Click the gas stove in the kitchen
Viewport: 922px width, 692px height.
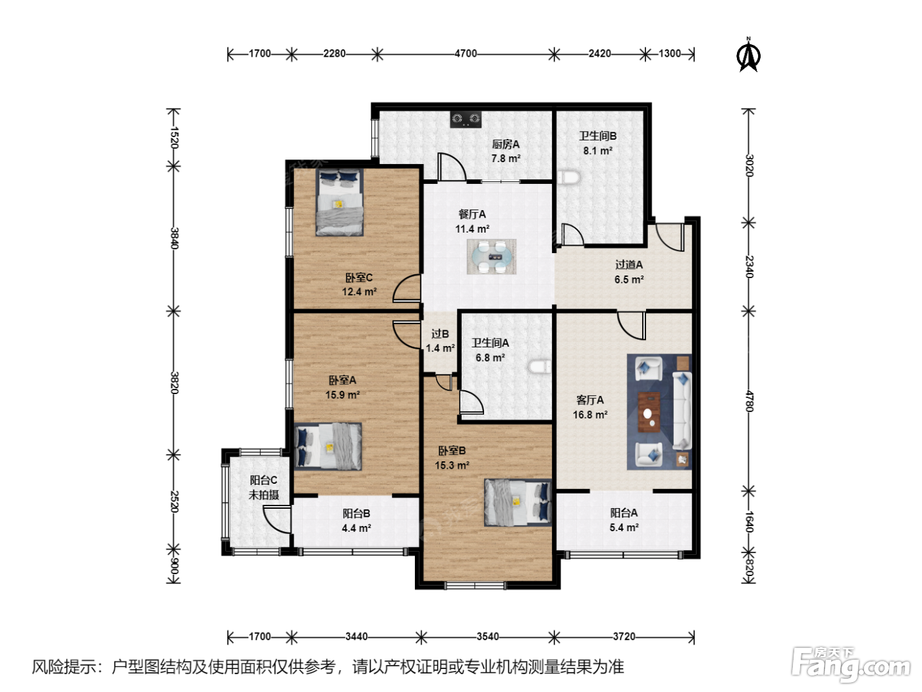pos(466,119)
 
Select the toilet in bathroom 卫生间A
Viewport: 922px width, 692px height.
pos(539,366)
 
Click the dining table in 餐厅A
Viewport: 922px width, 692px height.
pos(491,257)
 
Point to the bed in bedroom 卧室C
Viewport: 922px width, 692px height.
pos(340,202)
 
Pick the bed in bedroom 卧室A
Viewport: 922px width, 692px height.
pos(327,446)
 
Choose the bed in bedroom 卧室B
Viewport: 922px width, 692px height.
pos(518,502)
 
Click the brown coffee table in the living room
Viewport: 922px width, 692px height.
pos(649,412)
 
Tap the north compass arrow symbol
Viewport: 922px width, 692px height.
pos(749,55)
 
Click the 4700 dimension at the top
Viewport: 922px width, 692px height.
pos(466,54)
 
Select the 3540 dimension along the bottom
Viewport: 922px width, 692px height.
pos(488,637)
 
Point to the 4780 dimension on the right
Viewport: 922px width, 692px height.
pos(749,401)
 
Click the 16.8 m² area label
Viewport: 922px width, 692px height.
pos(590,415)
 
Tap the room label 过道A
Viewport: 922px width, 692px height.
pos(629,265)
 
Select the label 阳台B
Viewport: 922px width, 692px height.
pos(356,513)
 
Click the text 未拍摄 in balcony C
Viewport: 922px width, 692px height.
pos(264,494)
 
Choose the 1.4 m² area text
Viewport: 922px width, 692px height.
pos(440,349)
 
